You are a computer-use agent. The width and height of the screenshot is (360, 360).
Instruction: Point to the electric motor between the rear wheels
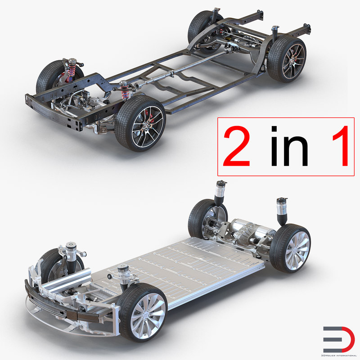[254, 232]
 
